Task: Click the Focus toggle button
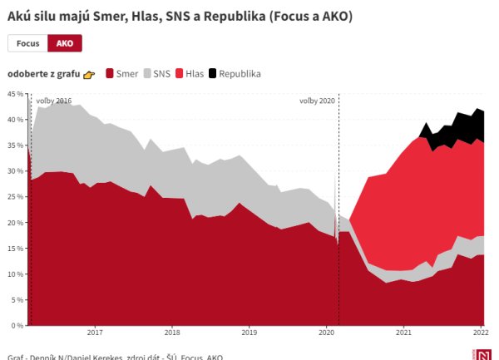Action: click(x=27, y=43)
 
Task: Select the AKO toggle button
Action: click(x=64, y=43)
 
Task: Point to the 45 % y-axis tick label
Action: click(x=16, y=94)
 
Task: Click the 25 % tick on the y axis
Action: click(x=16, y=197)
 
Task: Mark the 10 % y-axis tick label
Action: click(x=16, y=274)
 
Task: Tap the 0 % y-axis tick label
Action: click(x=17, y=324)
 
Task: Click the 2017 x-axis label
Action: click(x=95, y=333)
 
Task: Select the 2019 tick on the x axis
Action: click(x=249, y=333)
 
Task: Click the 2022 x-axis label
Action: click(x=479, y=333)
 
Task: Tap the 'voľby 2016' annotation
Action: click(x=53, y=101)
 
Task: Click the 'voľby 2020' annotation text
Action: click(x=317, y=101)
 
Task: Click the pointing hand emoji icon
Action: click(x=89, y=75)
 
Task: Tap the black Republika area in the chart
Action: click(x=466, y=126)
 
